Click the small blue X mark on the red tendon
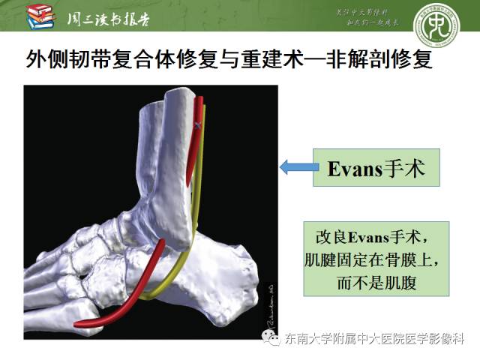tap(197, 128)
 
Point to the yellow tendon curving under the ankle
tap(180, 270)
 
